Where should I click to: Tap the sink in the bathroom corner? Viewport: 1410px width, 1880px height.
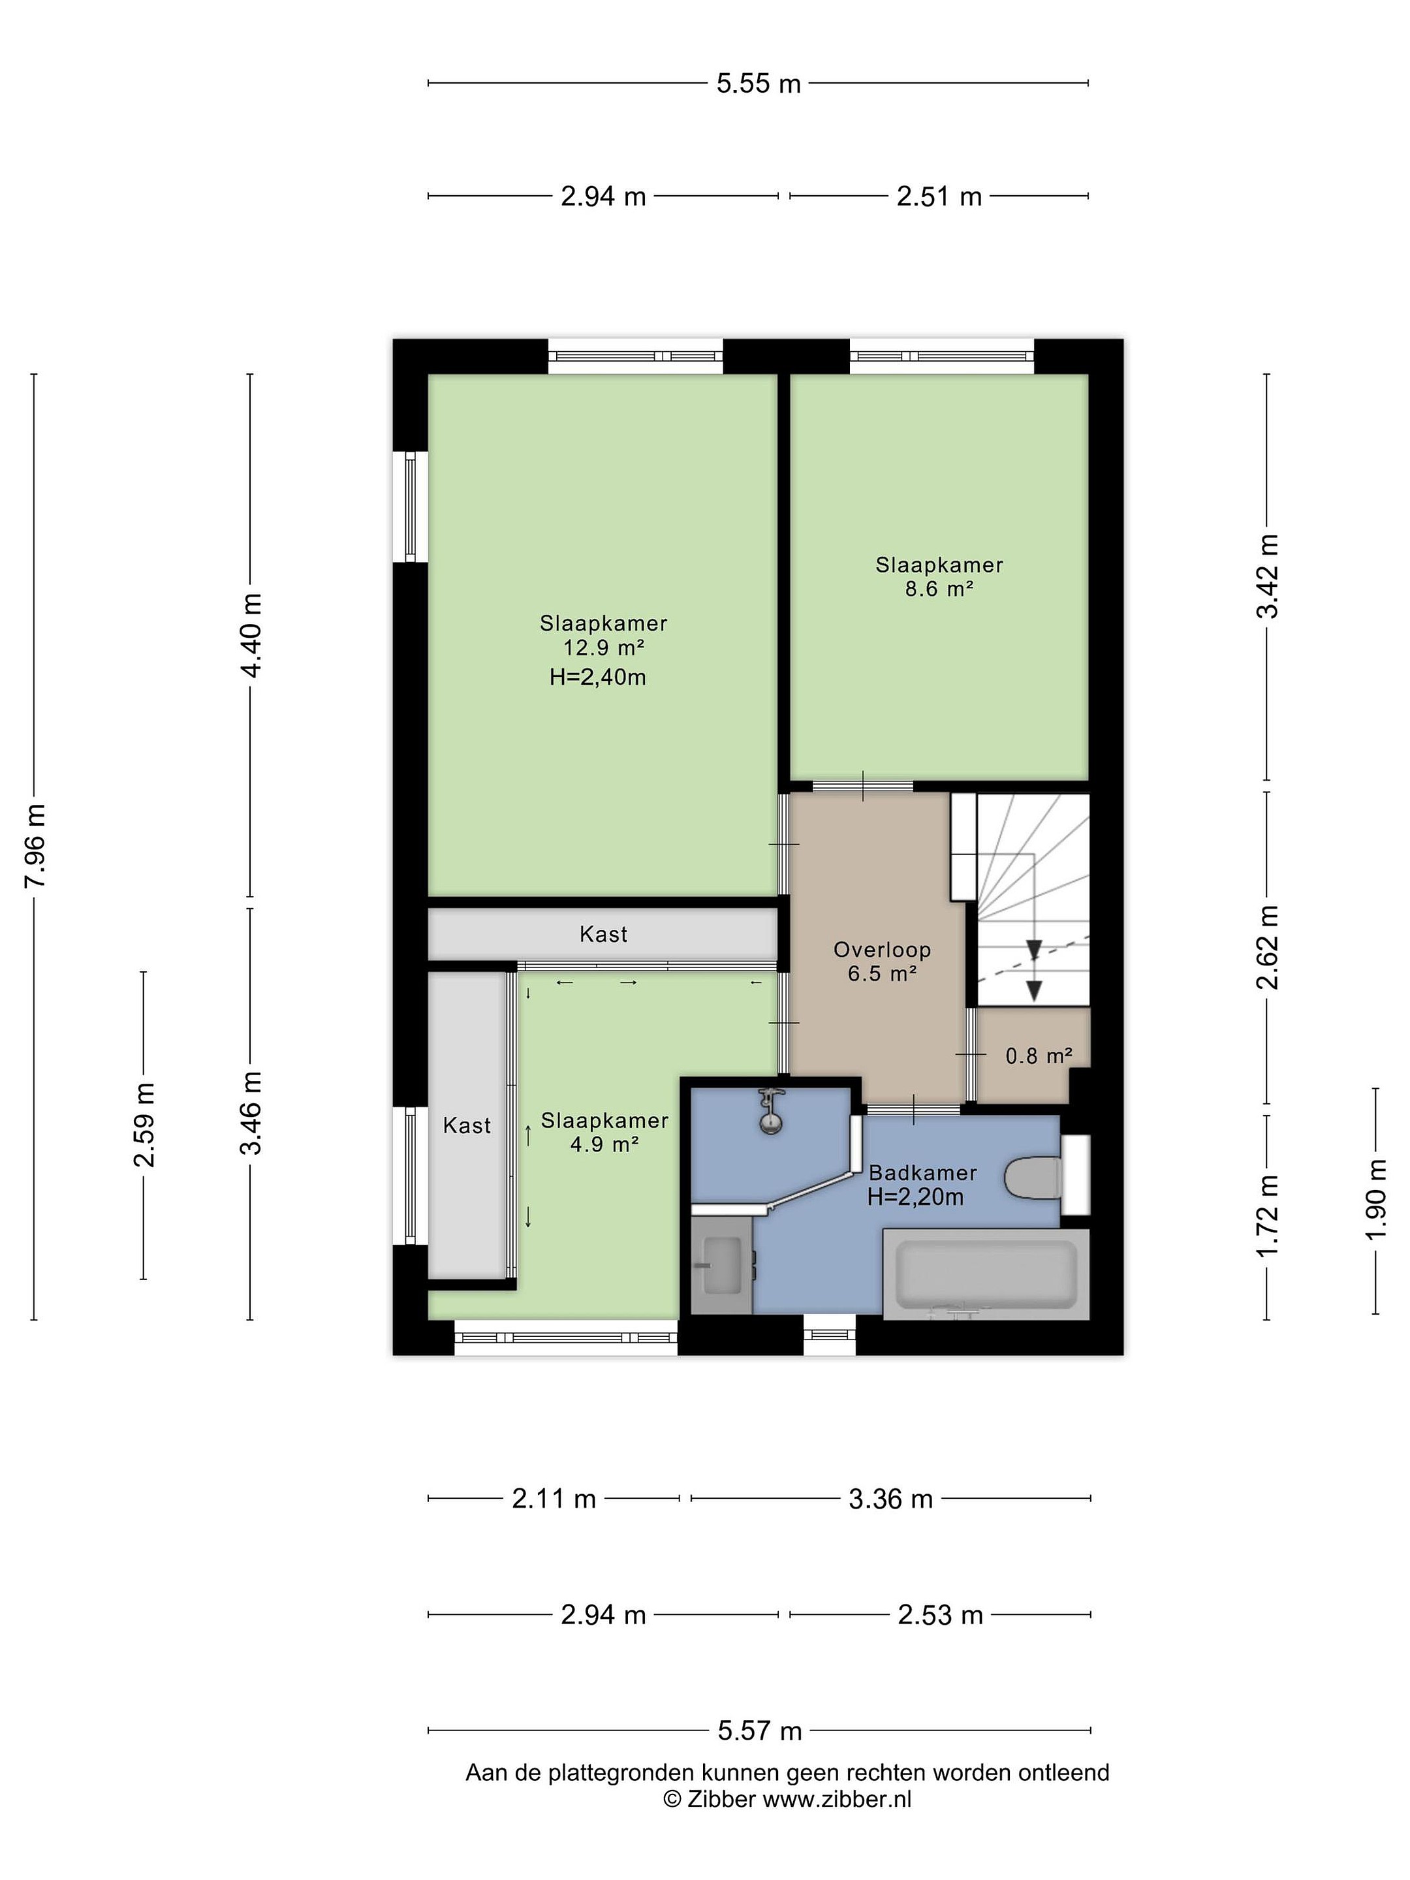(x=721, y=1264)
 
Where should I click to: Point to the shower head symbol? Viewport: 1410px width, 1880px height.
(x=771, y=1109)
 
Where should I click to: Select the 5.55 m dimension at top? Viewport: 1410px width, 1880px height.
(x=758, y=84)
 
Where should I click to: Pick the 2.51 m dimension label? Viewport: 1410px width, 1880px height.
(x=939, y=196)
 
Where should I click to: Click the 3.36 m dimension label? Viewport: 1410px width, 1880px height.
(x=890, y=1498)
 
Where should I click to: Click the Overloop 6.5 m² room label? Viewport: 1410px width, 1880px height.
(x=882, y=962)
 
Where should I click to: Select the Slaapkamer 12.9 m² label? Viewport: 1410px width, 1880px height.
(x=603, y=635)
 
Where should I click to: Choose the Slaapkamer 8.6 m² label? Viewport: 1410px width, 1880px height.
(x=939, y=576)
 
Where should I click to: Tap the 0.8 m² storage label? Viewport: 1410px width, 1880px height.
(x=1039, y=1056)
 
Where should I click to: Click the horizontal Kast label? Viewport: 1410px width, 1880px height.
(x=603, y=934)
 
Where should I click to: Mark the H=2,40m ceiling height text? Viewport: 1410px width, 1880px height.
(x=597, y=678)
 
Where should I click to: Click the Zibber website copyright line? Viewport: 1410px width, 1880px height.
(x=787, y=1798)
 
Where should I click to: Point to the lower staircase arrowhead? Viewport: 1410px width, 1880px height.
(x=1033, y=990)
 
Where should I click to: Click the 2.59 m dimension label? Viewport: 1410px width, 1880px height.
(x=144, y=1125)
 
